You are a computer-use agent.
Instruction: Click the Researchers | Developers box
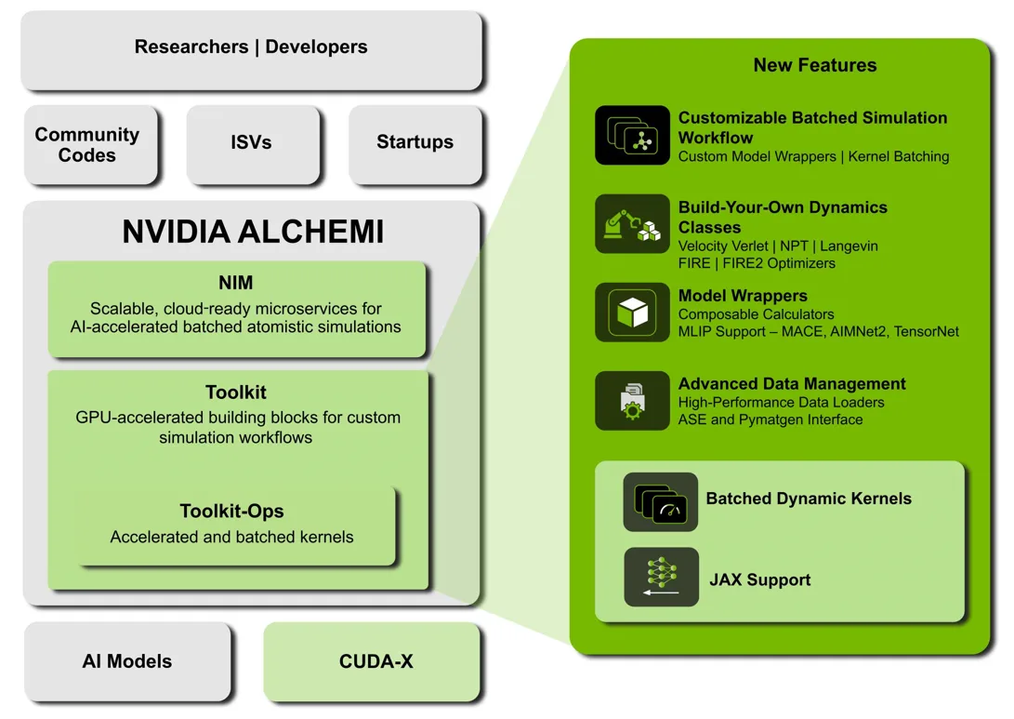(x=251, y=47)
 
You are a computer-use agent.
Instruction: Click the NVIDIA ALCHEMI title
(x=253, y=232)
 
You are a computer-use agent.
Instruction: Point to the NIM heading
(x=236, y=283)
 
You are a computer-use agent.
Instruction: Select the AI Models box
(x=127, y=661)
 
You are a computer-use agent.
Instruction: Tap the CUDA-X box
(x=375, y=661)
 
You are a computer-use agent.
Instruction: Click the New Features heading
(x=814, y=65)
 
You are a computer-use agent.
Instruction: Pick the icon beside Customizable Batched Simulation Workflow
(x=632, y=136)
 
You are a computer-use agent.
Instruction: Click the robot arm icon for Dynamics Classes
(x=632, y=224)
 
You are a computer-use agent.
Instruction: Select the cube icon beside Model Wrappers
(x=632, y=313)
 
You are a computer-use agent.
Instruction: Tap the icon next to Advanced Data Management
(x=632, y=401)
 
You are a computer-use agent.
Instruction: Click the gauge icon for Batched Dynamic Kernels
(x=660, y=502)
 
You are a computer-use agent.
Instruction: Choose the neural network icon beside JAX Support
(x=660, y=578)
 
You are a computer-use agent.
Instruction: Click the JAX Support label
(x=759, y=580)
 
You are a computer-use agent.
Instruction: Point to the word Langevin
(x=849, y=246)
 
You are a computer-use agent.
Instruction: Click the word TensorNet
(x=926, y=332)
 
